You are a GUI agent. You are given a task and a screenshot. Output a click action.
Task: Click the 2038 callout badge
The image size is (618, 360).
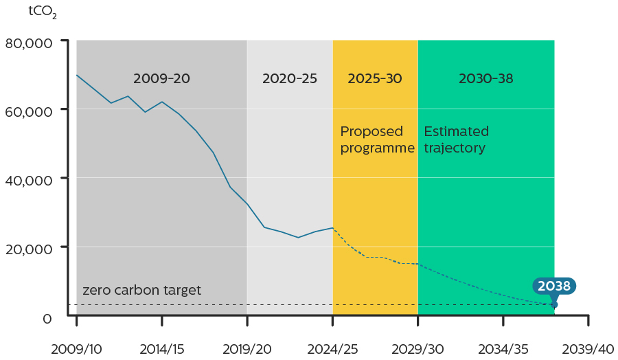click(554, 286)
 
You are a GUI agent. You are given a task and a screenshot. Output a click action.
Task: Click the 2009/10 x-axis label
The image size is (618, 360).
click(76, 348)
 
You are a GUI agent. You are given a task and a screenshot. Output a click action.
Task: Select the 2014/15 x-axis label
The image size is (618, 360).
click(161, 348)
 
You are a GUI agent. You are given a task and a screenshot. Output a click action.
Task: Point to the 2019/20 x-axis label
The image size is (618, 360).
click(247, 348)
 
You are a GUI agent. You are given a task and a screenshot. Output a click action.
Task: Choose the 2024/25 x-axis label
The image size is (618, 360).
click(332, 348)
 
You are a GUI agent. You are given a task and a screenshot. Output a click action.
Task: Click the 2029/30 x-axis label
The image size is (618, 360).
click(418, 348)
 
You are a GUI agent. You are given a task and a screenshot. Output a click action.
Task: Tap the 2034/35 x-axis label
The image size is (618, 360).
click(503, 348)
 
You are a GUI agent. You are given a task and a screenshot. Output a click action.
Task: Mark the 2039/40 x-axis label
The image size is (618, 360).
click(588, 348)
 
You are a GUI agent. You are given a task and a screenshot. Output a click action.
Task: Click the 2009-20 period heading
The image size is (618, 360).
click(161, 78)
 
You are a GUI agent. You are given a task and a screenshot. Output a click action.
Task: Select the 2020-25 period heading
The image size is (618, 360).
click(290, 78)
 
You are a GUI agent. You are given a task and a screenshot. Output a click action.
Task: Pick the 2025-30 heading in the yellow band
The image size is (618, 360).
click(375, 78)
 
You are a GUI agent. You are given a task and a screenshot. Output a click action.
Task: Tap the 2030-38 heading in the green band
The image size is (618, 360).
click(485, 78)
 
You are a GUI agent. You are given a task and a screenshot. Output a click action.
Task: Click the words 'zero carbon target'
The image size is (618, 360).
click(142, 291)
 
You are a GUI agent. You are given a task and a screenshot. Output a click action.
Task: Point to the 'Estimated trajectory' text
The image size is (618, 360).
click(457, 139)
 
